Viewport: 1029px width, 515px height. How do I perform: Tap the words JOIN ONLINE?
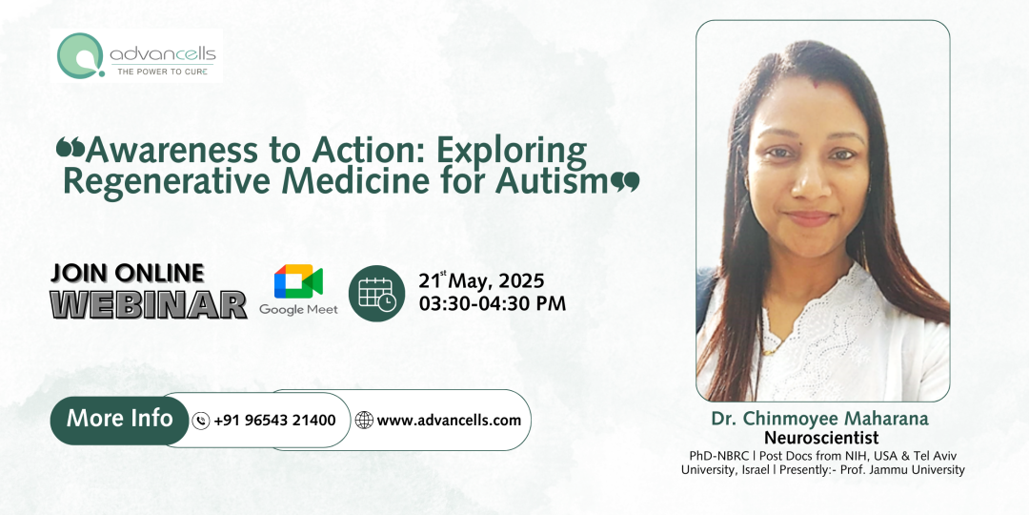127,274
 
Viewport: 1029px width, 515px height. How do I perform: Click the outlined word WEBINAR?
148,304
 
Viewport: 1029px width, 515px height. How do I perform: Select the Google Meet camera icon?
298,281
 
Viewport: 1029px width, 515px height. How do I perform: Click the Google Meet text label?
298,310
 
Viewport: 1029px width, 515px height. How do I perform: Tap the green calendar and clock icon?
376,293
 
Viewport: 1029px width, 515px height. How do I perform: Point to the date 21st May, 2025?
481,281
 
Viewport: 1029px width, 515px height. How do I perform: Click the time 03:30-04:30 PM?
492,304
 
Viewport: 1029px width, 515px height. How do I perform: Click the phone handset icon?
201,421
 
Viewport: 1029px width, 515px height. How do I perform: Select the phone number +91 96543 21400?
274,421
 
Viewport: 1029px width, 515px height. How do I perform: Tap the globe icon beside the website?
364,421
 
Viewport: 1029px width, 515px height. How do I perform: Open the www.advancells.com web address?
449,421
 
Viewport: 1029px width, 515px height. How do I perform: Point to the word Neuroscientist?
821,439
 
